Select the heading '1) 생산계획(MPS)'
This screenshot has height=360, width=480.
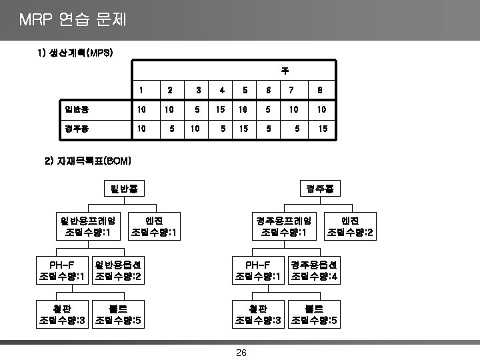click(x=75, y=53)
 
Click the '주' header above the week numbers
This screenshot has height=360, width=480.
click(x=285, y=69)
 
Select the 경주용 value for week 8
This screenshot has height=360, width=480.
click(x=323, y=127)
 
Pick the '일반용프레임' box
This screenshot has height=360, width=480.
click(x=88, y=226)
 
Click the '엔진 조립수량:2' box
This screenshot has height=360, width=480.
click(x=349, y=226)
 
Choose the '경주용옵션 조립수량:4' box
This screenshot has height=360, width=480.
click(x=314, y=270)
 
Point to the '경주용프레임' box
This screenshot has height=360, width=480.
click(x=284, y=226)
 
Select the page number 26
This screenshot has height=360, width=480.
click(x=241, y=353)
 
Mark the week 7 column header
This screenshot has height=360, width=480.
click(x=291, y=90)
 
